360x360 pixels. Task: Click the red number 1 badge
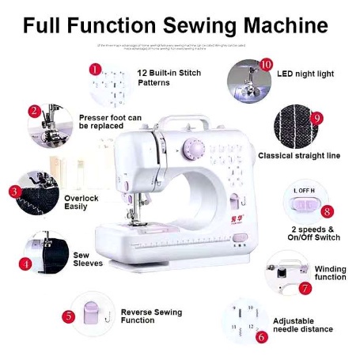point(96,70)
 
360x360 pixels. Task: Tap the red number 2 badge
point(35,112)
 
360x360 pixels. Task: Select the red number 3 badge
point(14,191)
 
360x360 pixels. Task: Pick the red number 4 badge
point(25,264)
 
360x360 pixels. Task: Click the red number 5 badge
point(69,316)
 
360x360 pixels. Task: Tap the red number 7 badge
point(305,289)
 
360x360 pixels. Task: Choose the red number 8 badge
point(327,212)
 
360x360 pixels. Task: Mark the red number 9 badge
point(317,118)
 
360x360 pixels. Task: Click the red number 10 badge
point(266,64)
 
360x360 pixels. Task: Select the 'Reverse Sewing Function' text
point(151,316)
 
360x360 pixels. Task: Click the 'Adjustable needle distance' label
point(302,325)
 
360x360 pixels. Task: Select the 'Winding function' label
point(330,273)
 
